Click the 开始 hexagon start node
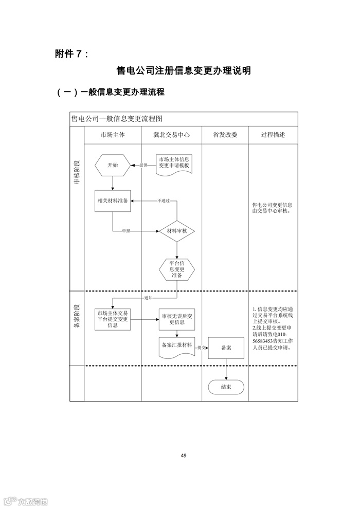tap(112, 165)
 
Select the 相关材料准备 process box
tap(113, 201)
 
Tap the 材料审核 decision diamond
tap(177, 231)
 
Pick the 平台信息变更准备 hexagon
tap(177, 269)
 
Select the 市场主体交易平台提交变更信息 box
tap(113, 319)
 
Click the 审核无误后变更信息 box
tap(177, 319)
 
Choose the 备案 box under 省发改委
tap(226, 348)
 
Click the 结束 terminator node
tap(226, 387)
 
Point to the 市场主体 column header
tap(113, 135)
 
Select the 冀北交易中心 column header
tap(171, 135)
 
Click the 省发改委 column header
tap(225, 135)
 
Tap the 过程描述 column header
tap(273, 135)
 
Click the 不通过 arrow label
tap(164, 200)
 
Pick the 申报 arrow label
tap(127, 231)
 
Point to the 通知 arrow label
tap(149, 298)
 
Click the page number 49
tap(184, 455)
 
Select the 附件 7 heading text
tap(71, 53)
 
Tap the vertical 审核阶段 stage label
tap(77, 172)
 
